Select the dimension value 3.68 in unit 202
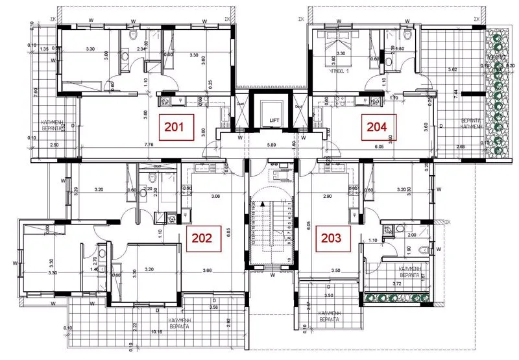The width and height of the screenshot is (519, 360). click(208, 270)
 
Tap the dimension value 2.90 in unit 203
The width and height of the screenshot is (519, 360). click(328, 195)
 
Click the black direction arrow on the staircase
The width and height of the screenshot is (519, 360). click(263, 204)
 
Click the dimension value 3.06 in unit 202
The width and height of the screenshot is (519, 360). click(215, 196)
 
